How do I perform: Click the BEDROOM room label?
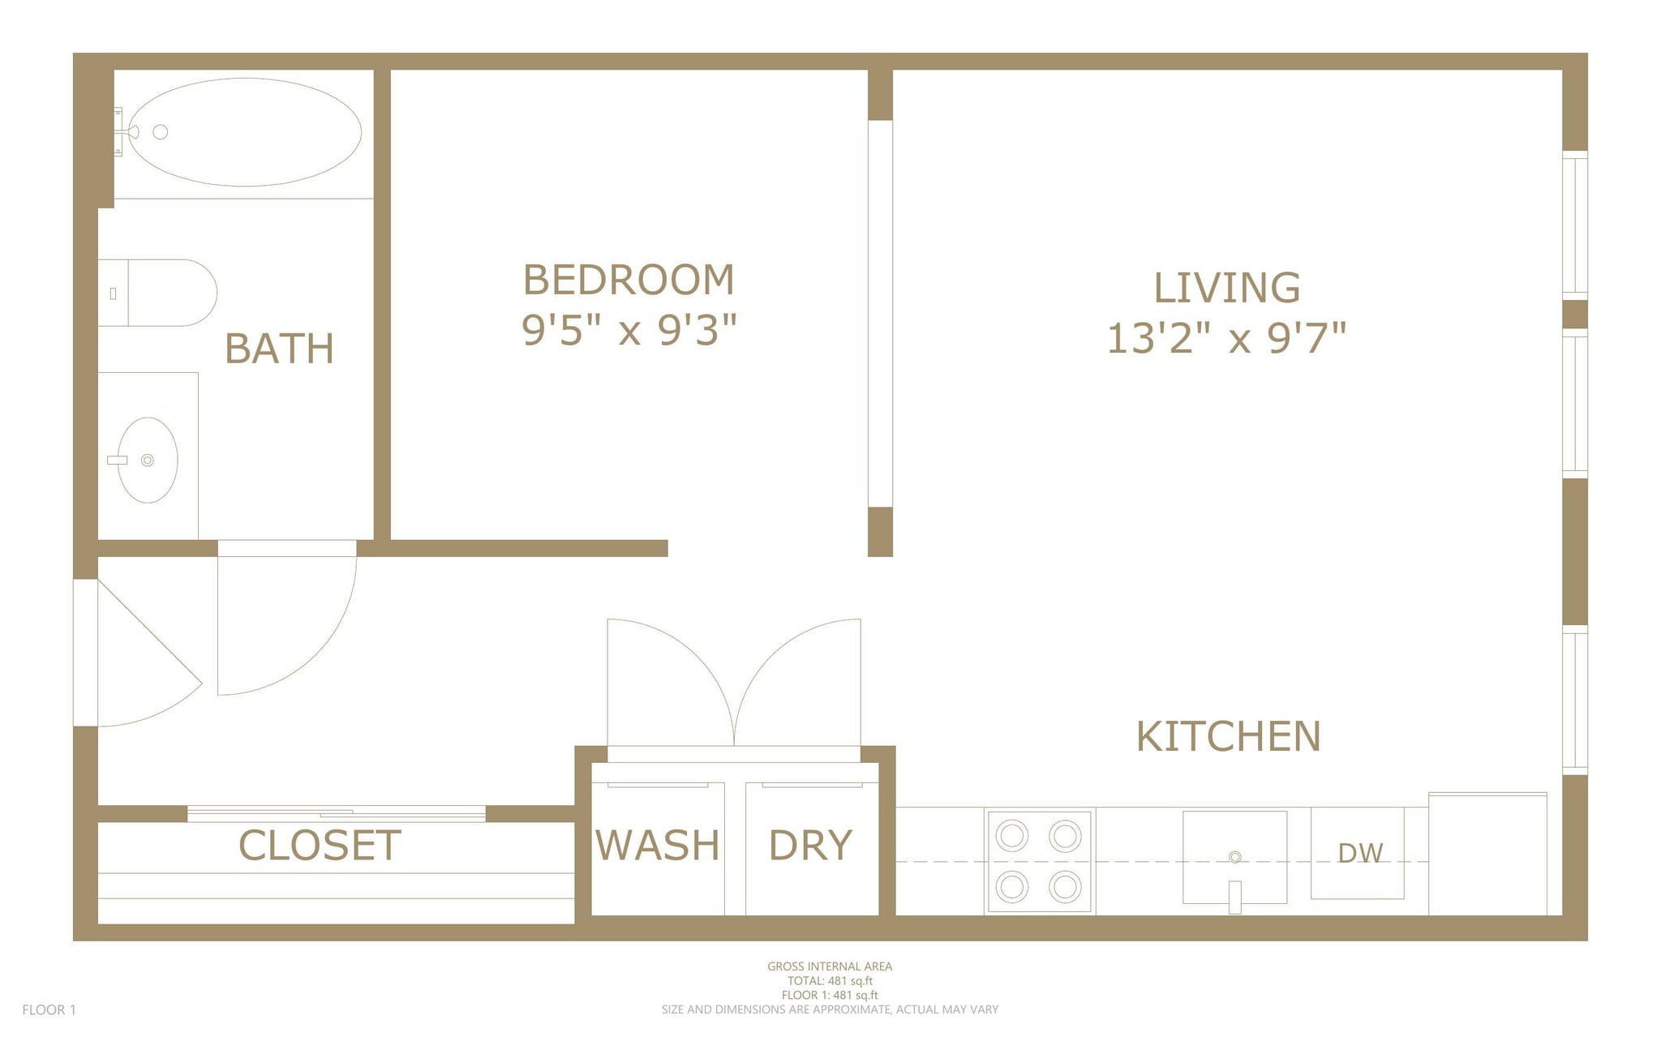tap(629, 281)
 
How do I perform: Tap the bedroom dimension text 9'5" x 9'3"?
tap(629, 330)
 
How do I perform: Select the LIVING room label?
tap(1226, 288)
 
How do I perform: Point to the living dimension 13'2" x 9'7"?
tap(1226, 338)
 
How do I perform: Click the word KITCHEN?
tap(1228, 736)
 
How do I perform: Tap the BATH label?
tap(279, 349)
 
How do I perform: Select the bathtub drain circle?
tap(161, 132)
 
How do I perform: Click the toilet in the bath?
tap(162, 293)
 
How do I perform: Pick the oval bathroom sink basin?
tap(148, 460)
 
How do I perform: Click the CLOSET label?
tap(320, 846)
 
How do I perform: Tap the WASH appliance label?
tap(657, 845)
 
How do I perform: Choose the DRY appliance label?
tap(810, 845)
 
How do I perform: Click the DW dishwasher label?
tap(1359, 853)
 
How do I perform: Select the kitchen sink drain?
tap(1234, 857)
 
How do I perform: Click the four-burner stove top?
tap(1039, 860)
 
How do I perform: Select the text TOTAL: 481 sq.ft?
tap(830, 980)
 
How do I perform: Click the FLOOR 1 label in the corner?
tap(49, 1009)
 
